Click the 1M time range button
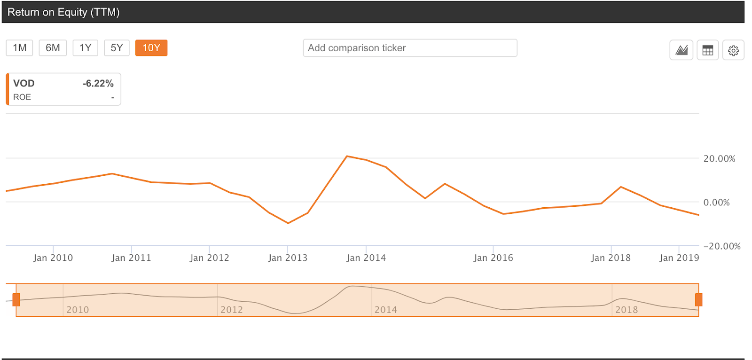pos(19,48)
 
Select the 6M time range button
pos(53,48)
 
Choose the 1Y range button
pos(85,48)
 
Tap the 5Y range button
pos(117,48)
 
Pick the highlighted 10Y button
pos(151,48)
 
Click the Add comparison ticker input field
pos(410,48)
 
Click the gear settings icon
pos(733,50)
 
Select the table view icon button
pos(707,50)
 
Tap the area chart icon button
pos(681,50)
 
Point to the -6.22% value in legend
pos(98,84)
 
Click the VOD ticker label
pos(24,84)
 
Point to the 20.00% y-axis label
pos(719,159)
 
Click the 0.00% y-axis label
pos(716,203)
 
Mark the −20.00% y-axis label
pos(721,246)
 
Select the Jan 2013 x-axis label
pos(288,258)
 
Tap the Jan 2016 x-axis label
pos(493,258)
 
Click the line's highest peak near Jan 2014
pos(347,156)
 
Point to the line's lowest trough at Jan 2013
pos(288,223)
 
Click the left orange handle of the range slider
pos(16,300)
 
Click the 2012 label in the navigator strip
pos(232,310)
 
